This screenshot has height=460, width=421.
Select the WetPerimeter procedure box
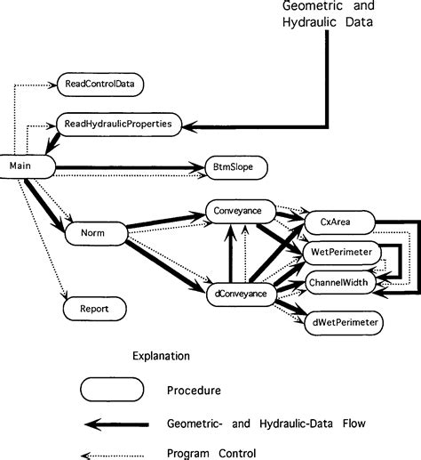pos(342,253)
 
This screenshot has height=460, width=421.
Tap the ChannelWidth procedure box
pos(342,284)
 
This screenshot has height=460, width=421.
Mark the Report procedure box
pos(93,309)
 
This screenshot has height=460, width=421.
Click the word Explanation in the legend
pos(161,356)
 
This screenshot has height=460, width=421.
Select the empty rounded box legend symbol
pos(112,389)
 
